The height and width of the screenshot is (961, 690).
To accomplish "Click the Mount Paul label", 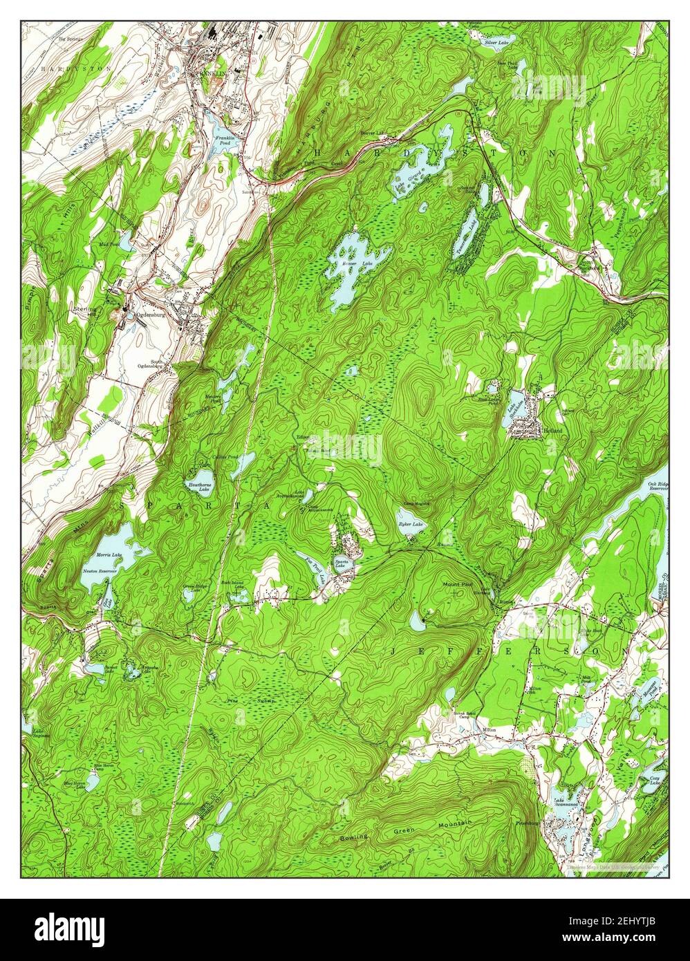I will (457, 585).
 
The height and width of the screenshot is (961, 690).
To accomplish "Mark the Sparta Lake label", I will (341, 563).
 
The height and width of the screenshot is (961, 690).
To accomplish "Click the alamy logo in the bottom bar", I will (76, 928).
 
